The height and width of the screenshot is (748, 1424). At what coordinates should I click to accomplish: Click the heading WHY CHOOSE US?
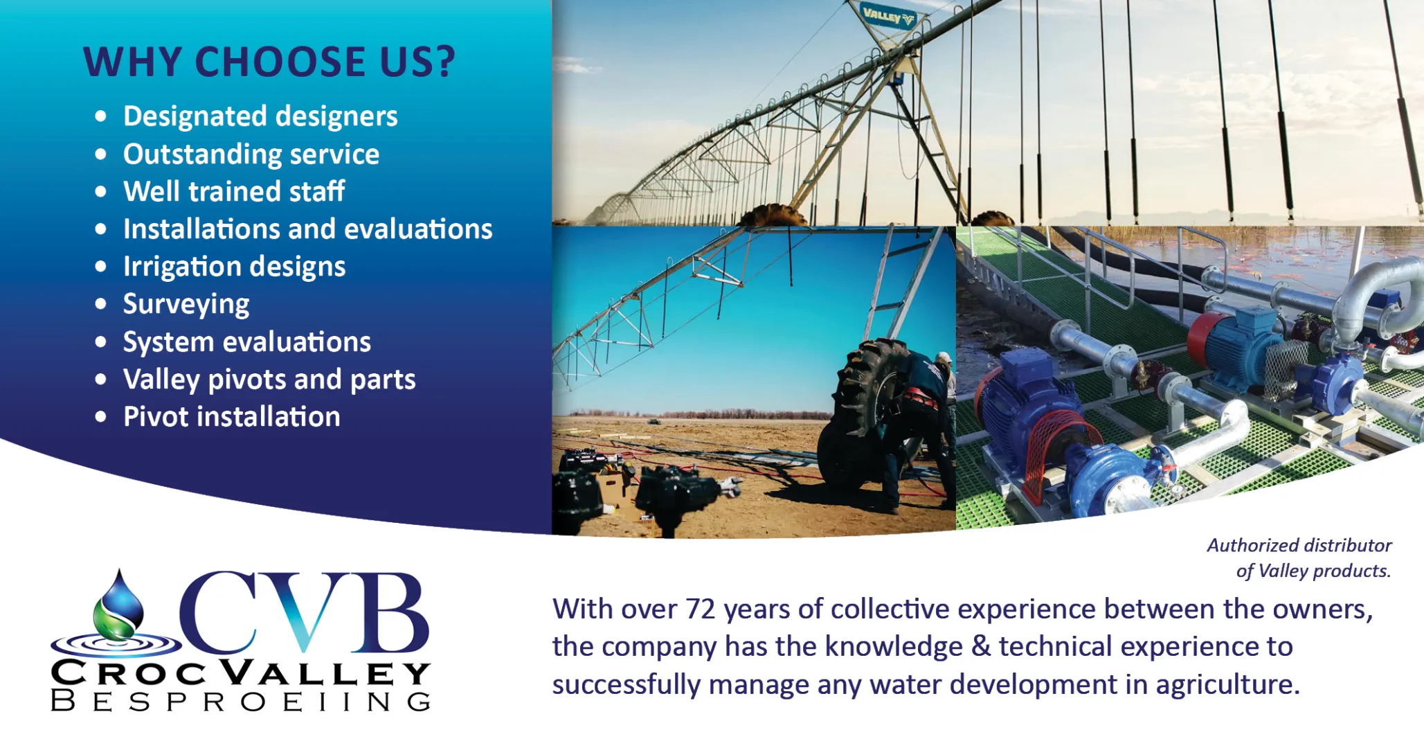[269, 62]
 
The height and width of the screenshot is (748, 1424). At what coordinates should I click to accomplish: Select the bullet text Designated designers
[260, 116]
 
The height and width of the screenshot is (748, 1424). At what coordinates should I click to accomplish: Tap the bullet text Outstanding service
[251, 154]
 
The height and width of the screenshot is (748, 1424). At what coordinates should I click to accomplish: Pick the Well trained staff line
[234, 191]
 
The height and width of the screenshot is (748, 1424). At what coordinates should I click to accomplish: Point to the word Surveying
[186, 305]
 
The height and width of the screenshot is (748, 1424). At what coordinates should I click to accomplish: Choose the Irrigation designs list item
[234, 267]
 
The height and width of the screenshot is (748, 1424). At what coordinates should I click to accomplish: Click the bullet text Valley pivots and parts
[269, 380]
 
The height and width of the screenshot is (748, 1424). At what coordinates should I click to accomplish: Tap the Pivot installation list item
[231, 417]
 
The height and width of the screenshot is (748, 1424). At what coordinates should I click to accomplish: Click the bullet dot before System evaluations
[101, 341]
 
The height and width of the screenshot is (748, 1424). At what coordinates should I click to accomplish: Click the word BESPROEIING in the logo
[241, 701]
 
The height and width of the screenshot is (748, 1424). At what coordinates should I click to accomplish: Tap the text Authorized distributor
[1299, 546]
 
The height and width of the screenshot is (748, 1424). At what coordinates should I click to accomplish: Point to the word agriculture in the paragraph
[1227, 685]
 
